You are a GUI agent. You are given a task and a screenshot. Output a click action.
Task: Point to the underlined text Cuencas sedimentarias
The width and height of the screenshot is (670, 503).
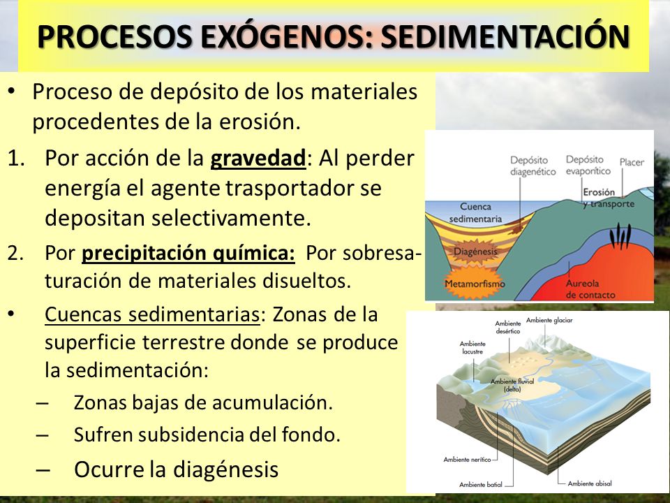point(151,315)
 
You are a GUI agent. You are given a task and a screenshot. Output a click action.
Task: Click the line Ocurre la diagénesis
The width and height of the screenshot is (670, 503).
point(176,469)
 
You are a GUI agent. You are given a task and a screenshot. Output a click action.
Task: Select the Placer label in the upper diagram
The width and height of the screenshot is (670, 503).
point(632,162)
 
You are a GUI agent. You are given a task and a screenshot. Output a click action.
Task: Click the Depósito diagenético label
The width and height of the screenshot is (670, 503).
point(533,165)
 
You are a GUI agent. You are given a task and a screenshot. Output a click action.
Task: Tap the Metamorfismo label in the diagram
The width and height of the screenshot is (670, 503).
point(475,285)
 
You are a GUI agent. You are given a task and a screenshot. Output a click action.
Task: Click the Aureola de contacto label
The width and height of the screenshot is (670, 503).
point(590,290)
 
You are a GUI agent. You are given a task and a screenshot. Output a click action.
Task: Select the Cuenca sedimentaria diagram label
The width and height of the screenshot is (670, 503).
point(476,212)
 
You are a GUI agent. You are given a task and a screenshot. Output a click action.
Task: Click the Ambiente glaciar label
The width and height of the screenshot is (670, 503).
point(550,320)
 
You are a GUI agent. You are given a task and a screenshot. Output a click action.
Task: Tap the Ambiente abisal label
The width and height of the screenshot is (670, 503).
point(590,483)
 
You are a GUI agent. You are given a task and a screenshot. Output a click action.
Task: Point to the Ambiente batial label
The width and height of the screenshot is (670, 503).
point(482,484)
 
